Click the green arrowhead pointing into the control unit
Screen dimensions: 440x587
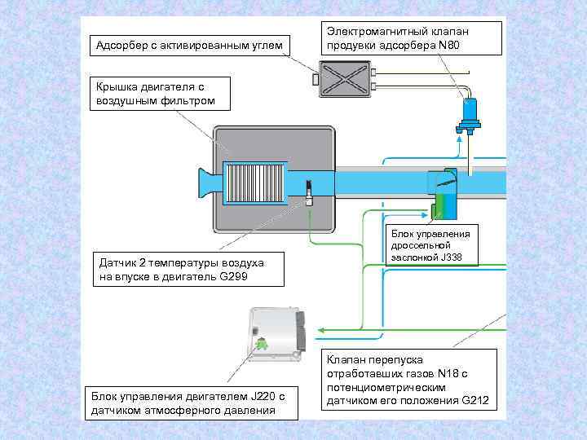(x=321, y=329)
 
